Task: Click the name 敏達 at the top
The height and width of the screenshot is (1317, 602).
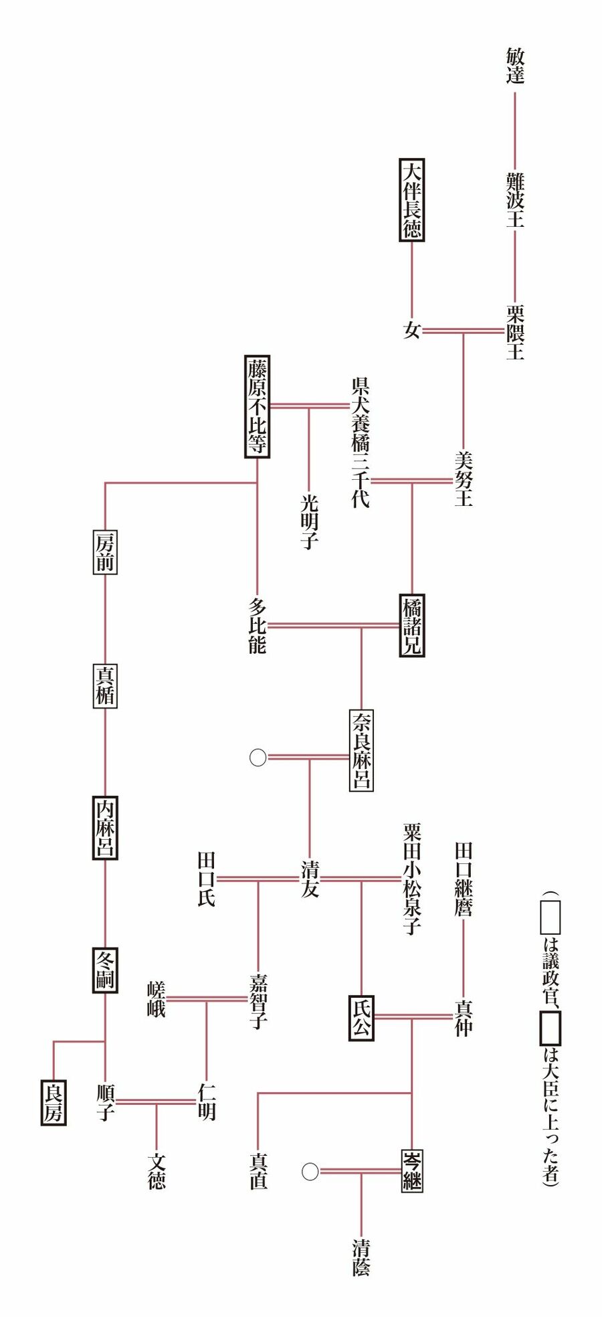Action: [514, 66]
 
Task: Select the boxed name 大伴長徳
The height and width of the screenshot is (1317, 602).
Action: [412, 199]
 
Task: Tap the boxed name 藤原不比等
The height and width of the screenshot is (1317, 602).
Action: [258, 406]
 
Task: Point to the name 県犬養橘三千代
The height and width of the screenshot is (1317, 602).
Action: [361, 442]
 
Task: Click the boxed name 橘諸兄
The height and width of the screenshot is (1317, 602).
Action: [412, 626]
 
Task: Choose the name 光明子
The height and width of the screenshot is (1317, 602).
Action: [309, 522]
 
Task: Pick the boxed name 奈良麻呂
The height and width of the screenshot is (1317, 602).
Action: [361, 750]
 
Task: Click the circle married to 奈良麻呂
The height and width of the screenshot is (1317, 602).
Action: [258, 758]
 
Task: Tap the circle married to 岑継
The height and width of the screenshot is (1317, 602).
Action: [310, 1172]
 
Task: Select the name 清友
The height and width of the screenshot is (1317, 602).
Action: [310, 879]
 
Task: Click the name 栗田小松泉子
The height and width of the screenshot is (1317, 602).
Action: [412, 879]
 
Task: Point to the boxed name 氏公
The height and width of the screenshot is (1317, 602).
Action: [361, 1018]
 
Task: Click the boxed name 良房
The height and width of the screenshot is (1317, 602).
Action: [54, 1102]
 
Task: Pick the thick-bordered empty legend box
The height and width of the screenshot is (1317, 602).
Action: [550, 1029]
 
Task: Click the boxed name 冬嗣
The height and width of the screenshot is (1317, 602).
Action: [105, 970]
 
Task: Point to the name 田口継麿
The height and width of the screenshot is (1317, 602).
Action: [464, 879]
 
